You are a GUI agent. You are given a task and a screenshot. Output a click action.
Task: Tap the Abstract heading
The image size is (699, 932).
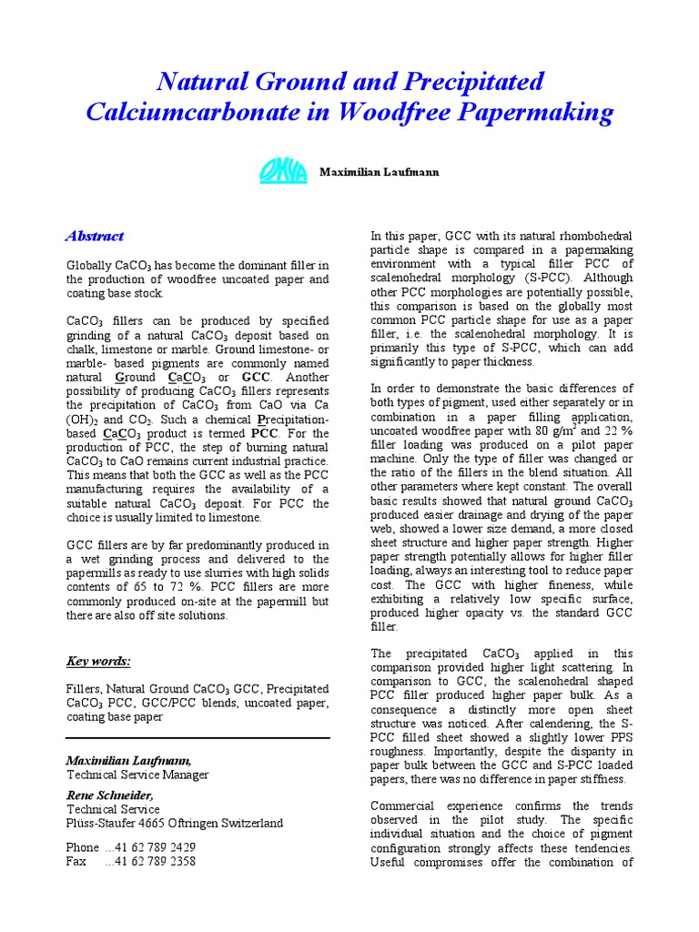[95, 237]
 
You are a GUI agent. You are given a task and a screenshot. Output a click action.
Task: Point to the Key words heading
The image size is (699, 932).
[98, 661]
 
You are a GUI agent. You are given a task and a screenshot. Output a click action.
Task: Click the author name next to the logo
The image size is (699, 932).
[379, 171]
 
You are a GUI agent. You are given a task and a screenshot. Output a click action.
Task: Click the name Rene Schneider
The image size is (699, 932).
[109, 795]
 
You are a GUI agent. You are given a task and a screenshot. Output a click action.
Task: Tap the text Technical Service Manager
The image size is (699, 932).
[137, 775]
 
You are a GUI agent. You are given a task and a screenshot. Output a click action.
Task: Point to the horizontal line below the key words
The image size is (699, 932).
[198, 738]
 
